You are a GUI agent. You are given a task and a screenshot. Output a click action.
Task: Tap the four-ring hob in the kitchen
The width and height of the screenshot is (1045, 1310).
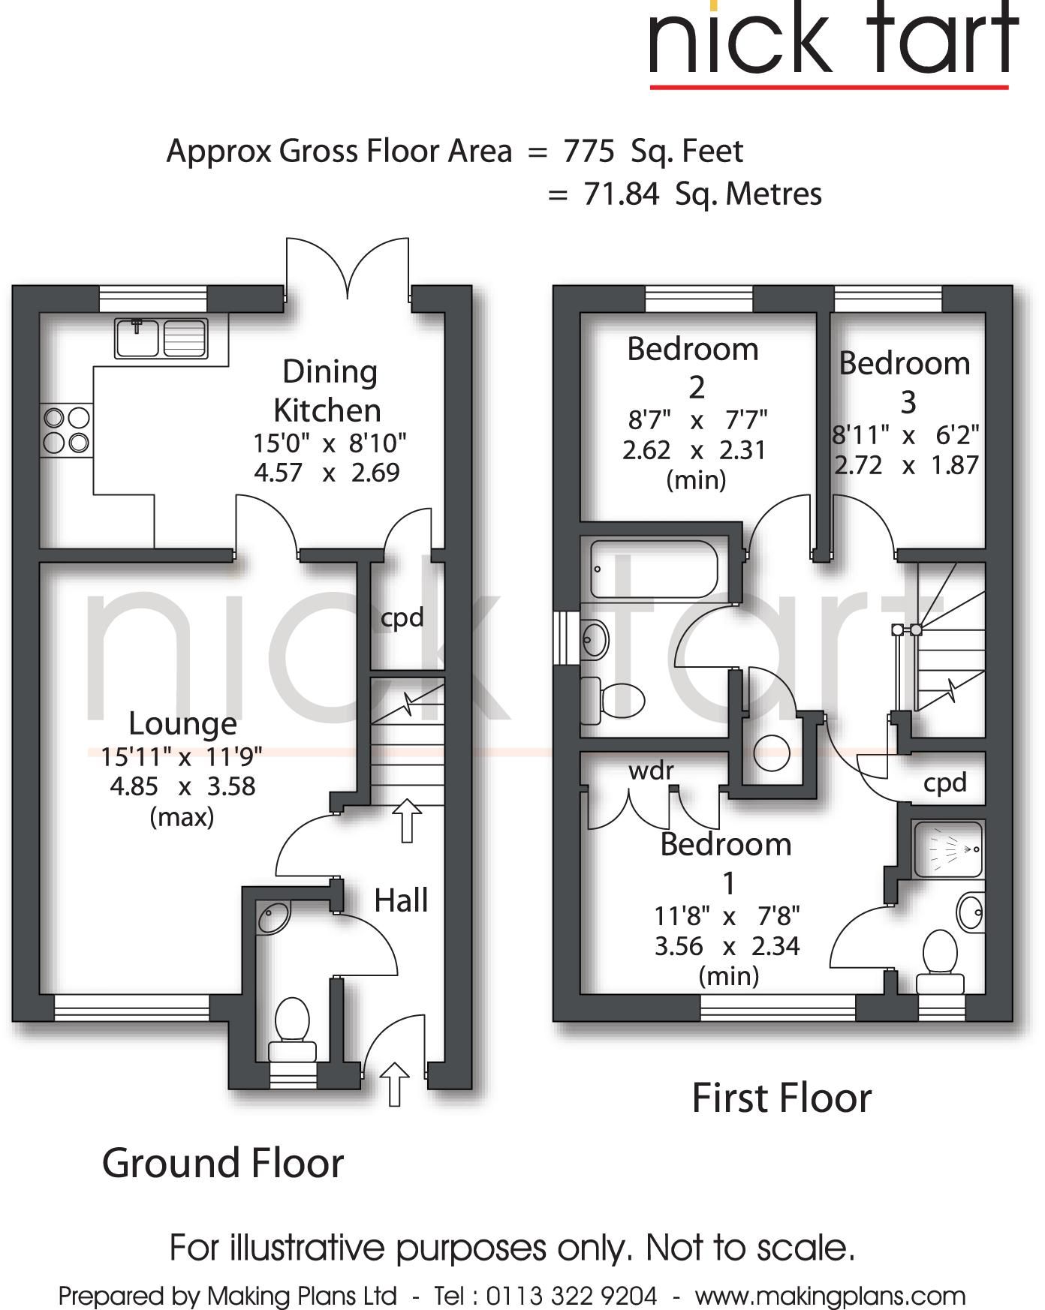tap(67, 430)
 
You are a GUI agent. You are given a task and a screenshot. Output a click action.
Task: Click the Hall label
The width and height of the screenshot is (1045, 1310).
tap(401, 900)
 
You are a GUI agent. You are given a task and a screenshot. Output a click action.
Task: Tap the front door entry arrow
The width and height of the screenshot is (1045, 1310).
tap(395, 1083)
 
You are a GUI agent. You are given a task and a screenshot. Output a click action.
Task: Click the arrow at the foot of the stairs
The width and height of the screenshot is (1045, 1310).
tap(407, 820)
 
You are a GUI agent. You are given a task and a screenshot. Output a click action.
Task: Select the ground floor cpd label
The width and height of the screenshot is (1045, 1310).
tap(402, 618)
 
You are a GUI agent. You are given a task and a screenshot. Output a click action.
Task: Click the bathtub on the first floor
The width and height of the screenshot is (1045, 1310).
tap(654, 569)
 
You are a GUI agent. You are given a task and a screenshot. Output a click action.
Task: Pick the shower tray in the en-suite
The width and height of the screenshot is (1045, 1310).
tap(948, 849)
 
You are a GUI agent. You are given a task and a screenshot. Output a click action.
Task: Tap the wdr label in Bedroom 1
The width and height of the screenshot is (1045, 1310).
tap(651, 771)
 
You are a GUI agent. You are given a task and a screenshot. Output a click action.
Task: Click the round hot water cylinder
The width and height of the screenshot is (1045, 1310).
tap(771, 753)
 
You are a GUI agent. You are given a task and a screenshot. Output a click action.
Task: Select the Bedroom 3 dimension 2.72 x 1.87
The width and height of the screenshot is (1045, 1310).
tap(907, 465)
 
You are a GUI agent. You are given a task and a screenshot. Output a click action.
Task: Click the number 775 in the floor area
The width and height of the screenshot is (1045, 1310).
tap(589, 152)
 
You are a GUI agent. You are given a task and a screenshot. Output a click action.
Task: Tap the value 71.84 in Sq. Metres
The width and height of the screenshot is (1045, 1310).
tap(621, 194)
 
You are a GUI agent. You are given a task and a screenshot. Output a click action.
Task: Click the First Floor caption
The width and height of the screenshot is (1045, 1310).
tap(781, 1098)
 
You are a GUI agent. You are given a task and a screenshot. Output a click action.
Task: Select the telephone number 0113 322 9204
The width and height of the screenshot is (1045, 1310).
tap(571, 1296)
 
